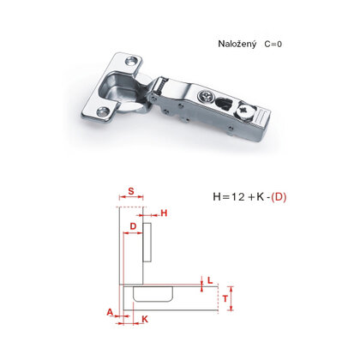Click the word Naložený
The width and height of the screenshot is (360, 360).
tap(237, 45)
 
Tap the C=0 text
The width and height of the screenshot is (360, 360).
tap(273, 44)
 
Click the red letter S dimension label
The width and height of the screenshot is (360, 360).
tap(131, 191)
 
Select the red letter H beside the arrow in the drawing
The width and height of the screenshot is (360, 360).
tap(164, 213)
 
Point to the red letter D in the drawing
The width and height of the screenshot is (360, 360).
tap(133, 226)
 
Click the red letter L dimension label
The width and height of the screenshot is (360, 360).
tap(210, 280)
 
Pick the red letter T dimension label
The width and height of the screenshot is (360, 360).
tap(225, 299)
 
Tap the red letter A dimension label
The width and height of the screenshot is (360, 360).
tap(110, 312)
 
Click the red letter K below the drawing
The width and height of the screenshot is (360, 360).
tap(145, 319)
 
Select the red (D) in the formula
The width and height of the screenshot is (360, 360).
tap(279, 197)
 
